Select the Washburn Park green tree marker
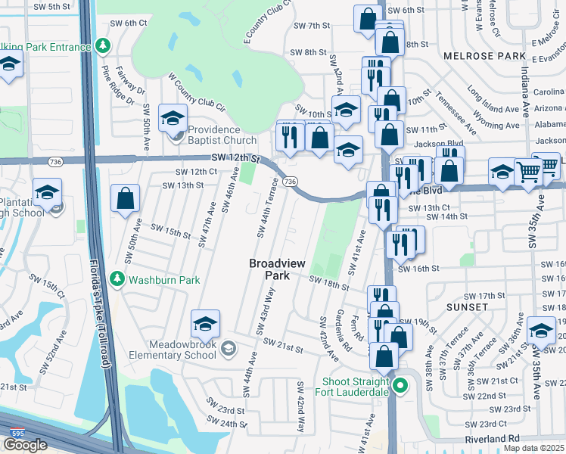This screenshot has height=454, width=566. click(x=117, y=280)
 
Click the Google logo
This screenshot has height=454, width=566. click(x=25, y=444)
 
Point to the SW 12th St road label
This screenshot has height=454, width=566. click(x=235, y=158)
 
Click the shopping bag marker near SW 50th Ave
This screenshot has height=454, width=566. click(x=126, y=200)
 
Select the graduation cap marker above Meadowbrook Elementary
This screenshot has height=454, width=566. click(x=205, y=325)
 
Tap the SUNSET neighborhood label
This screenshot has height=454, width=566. click(x=467, y=307)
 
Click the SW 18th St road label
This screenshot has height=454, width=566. click(x=329, y=282)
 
